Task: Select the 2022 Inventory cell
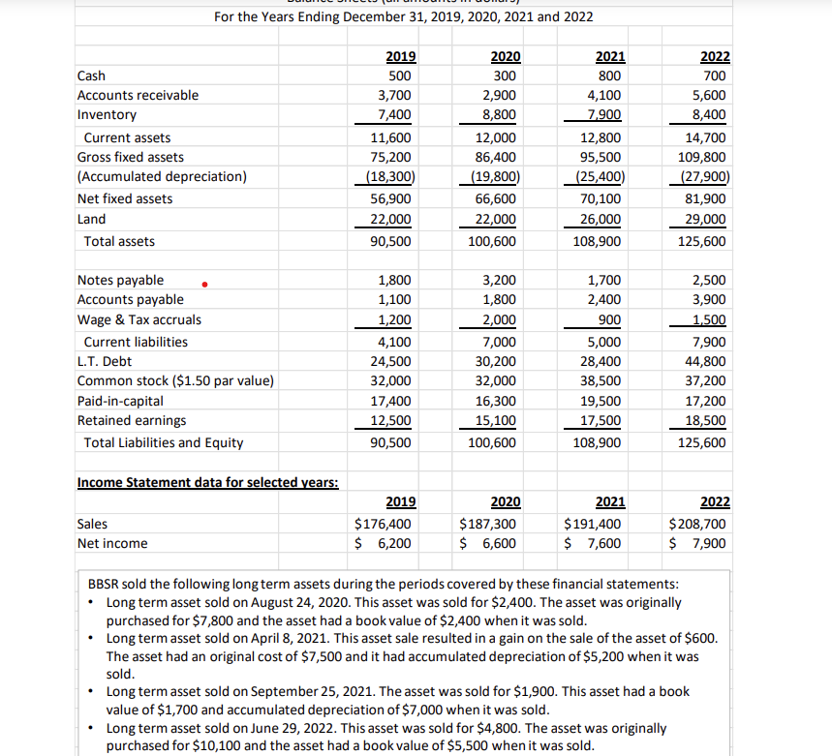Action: point(711,115)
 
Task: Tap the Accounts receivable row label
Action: point(138,95)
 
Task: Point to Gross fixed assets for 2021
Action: point(604,157)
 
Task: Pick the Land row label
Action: point(91,219)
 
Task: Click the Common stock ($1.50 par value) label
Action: point(175,380)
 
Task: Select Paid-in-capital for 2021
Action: point(604,401)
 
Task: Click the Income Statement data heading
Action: point(207,482)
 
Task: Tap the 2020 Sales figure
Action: point(489,524)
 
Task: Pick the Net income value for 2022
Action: point(700,543)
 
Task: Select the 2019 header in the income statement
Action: point(401,501)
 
